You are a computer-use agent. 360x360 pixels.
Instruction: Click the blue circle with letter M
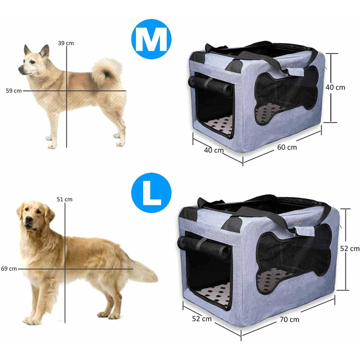point(151,39)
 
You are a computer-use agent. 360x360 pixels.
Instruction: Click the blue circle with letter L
point(151,193)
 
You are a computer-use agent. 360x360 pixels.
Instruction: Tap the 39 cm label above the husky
point(66,43)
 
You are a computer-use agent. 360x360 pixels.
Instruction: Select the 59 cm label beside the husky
point(14,91)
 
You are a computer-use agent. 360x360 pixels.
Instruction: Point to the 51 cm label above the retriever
point(64,200)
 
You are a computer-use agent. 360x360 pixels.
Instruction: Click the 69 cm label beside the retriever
point(9,268)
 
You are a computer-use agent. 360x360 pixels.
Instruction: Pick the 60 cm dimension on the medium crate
point(287,147)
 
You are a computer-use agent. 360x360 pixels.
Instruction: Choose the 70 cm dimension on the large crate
point(290,319)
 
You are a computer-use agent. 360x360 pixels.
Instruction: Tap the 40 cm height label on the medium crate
point(335,87)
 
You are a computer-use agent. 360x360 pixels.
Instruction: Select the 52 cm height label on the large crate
point(350,248)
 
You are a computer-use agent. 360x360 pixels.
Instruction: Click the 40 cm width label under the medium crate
point(214,150)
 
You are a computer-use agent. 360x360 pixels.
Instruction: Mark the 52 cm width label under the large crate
point(202,319)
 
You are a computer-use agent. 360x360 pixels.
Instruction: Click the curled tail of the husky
point(106,71)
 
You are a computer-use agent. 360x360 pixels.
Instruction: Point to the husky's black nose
point(21,69)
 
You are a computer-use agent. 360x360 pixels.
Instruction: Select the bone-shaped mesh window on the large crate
point(294,259)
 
